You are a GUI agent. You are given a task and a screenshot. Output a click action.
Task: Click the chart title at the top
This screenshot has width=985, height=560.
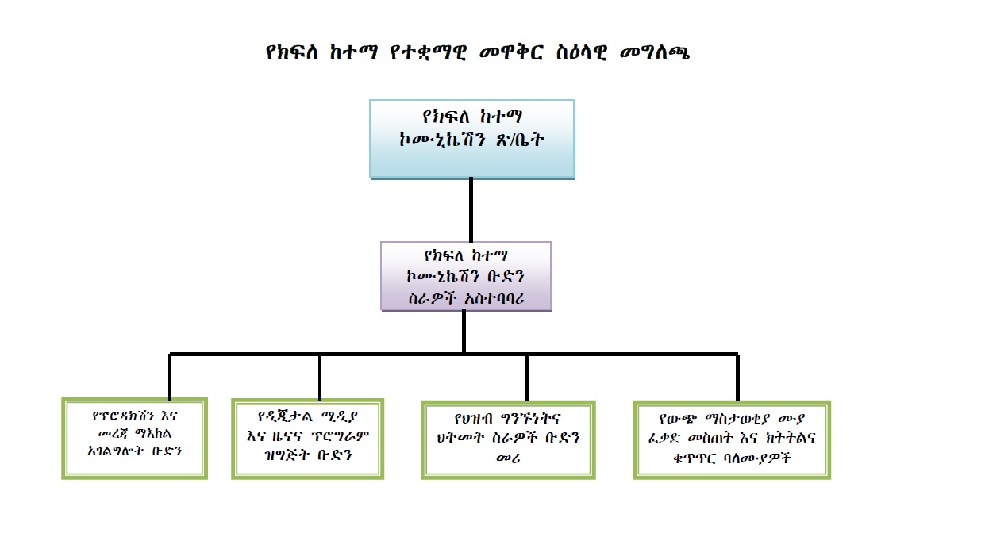(479, 54)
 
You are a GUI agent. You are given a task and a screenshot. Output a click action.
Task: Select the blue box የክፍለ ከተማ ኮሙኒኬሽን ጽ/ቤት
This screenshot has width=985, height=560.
(471, 138)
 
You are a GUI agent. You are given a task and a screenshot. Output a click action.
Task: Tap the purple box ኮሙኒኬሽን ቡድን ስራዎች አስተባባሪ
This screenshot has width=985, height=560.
(465, 276)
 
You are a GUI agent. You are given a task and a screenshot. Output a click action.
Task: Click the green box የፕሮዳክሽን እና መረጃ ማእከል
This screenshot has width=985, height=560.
(134, 438)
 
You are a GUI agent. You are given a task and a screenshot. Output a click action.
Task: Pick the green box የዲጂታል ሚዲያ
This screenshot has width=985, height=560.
(307, 439)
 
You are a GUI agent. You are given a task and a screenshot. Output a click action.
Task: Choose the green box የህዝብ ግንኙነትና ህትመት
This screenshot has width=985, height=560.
(508, 439)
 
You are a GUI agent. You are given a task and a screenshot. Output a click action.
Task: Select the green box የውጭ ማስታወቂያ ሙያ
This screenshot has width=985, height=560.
(731, 439)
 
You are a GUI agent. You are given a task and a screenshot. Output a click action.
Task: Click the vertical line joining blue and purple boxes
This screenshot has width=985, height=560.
(471, 209)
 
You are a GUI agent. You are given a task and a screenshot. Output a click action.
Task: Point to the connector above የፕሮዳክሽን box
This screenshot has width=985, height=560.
(170, 375)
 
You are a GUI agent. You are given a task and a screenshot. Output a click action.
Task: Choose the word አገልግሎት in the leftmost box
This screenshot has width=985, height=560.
(121, 453)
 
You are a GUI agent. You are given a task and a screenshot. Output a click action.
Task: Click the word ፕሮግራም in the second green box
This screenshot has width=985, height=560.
(340, 437)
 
